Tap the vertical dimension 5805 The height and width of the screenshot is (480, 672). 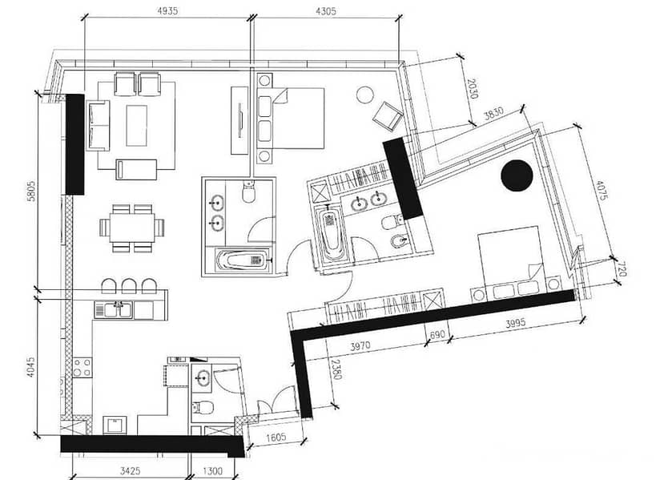(x=29, y=194)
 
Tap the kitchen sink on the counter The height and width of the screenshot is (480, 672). (x=119, y=306)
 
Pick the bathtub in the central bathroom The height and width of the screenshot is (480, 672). (x=243, y=259)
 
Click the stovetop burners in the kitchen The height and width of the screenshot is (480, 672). (x=80, y=368)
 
